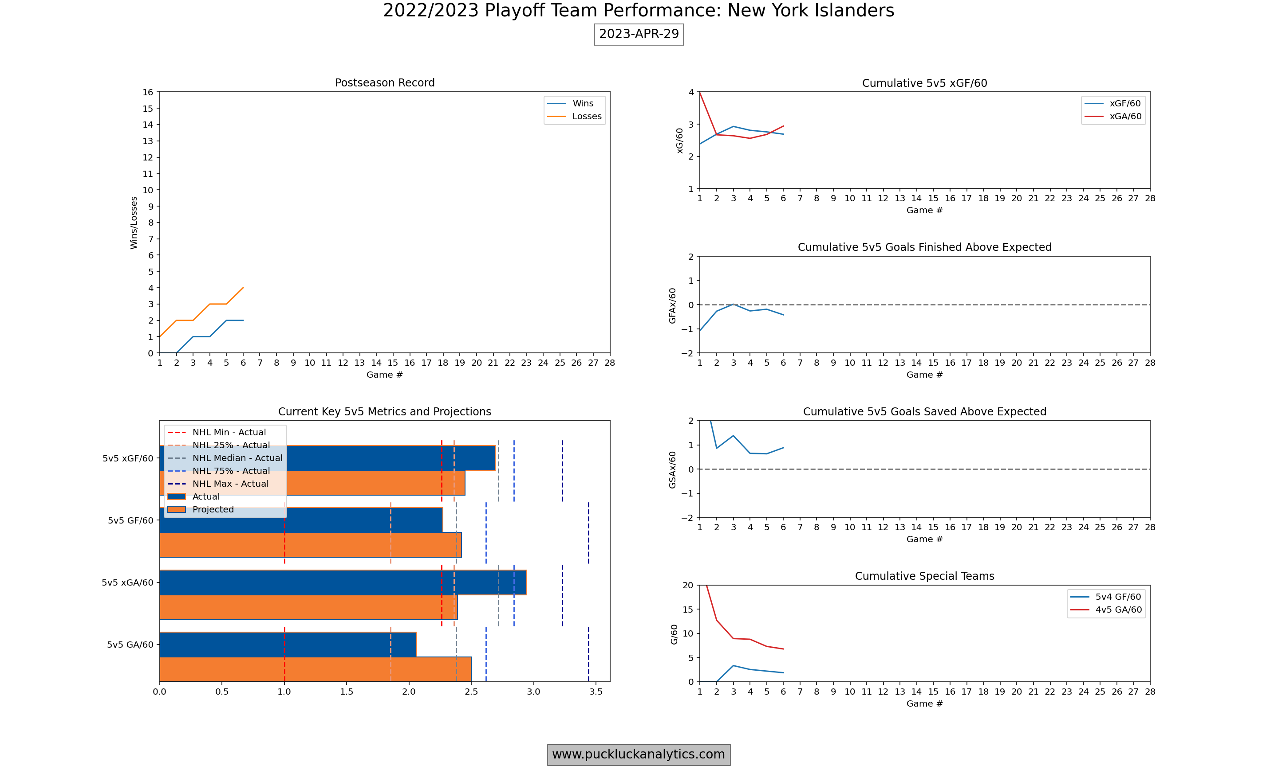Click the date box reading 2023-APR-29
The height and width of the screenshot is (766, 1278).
coord(639,34)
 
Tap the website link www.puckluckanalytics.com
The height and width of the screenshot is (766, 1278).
coord(639,754)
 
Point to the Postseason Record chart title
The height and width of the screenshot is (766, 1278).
coord(384,82)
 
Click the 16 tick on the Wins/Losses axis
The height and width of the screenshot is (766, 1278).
coord(148,92)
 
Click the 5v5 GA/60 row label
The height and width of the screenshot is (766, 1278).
coord(130,645)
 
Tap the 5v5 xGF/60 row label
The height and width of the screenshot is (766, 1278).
coord(128,458)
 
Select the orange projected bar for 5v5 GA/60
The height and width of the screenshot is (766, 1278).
coord(315,669)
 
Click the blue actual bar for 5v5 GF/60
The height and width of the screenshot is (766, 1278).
coord(362,520)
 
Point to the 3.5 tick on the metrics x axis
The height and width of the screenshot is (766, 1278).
coord(596,692)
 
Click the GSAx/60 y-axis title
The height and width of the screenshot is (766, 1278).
coord(672,470)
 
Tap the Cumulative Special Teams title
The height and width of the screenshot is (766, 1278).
coord(924,576)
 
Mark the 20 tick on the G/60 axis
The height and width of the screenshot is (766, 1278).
coord(687,585)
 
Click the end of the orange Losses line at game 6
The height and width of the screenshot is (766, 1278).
coord(243,288)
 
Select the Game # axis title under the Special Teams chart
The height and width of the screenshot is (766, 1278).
coord(924,703)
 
